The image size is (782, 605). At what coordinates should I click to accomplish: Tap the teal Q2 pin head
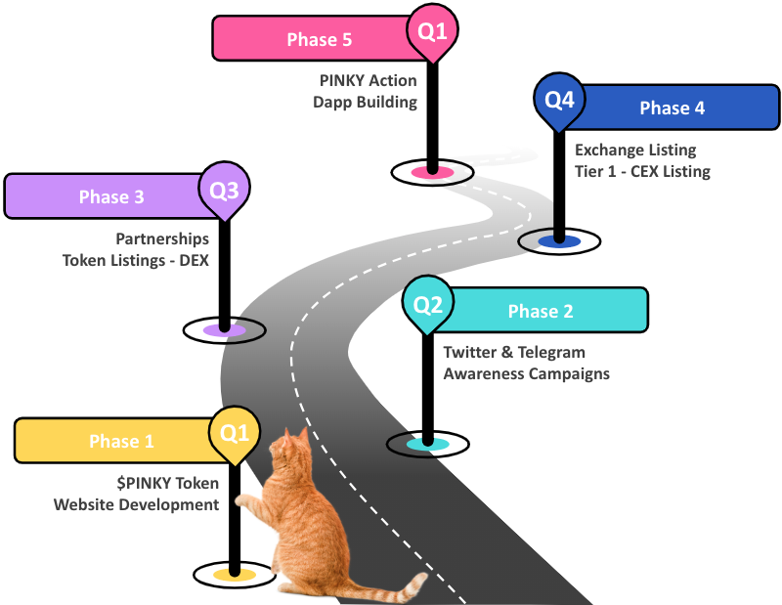click(x=427, y=304)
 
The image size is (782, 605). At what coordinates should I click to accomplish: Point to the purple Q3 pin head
click(x=224, y=188)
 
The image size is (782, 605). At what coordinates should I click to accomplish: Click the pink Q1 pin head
click(x=432, y=30)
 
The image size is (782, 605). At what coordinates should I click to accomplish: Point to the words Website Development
click(x=136, y=504)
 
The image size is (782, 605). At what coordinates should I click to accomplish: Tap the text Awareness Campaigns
click(x=526, y=373)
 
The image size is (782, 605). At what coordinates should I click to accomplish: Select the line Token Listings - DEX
click(x=136, y=261)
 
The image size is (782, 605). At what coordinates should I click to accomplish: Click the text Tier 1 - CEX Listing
click(x=642, y=172)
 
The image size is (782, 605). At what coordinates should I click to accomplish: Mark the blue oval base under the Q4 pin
click(x=558, y=240)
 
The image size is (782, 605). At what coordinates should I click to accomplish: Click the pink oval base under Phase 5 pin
click(x=431, y=172)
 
